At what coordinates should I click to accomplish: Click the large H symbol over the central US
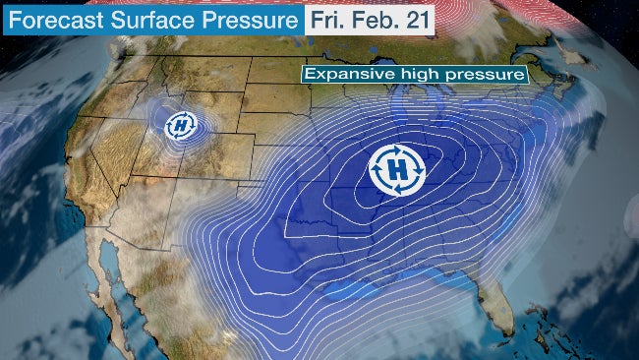pyautogui.click(x=397, y=169)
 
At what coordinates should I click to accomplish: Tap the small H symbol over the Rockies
pyautogui.click(x=181, y=125)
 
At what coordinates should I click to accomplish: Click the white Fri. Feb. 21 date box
pyautogui.click(x=370, y=21)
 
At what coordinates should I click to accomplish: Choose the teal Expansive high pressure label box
pyautogui.click(x=414, y=75)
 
